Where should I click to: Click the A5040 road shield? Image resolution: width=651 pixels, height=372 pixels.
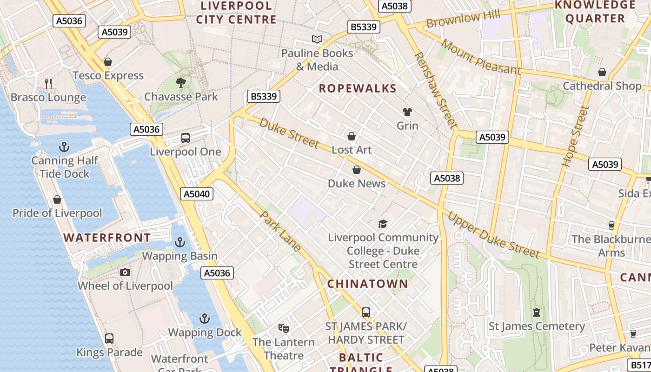click(x=197, y=194)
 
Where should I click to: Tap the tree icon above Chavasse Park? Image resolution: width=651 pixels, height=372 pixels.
click(x=181, y=83)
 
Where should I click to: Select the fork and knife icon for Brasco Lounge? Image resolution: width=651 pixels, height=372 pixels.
click(x=48, y=84)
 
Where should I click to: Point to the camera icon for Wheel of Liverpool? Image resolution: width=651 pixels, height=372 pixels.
click(x=125, y=272)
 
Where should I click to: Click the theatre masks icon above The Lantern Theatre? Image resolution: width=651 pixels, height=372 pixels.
click(x=283, y=328)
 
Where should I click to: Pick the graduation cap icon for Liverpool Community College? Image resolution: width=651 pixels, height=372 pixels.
click(x=383, y=224)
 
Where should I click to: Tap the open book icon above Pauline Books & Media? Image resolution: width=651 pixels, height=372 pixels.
click(x=317, y=40)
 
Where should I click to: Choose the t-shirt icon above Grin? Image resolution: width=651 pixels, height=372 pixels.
click(x=407, y=112)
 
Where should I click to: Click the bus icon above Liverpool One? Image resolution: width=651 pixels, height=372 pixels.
click(x=186, y=138)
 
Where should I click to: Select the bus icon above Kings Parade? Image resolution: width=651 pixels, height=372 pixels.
click(x=109, y=339)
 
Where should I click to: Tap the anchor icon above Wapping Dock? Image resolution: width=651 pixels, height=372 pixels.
click(x=205, y=319)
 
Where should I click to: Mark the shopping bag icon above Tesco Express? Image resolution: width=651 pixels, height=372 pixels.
click(x=108, y=62)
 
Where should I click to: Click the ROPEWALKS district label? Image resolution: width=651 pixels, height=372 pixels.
click(x=358, y=88)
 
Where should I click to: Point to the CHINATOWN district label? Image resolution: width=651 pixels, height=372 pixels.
click(x=367, y=284)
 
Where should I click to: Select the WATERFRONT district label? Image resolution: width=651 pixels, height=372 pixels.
click(x=107, y=238)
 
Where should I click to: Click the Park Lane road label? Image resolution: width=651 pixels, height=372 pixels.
click(x=280, y=231)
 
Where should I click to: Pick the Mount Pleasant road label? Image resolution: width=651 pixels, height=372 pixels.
click(x=481, y=57)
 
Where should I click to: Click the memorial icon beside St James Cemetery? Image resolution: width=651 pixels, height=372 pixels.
click(x=537, y=312)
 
